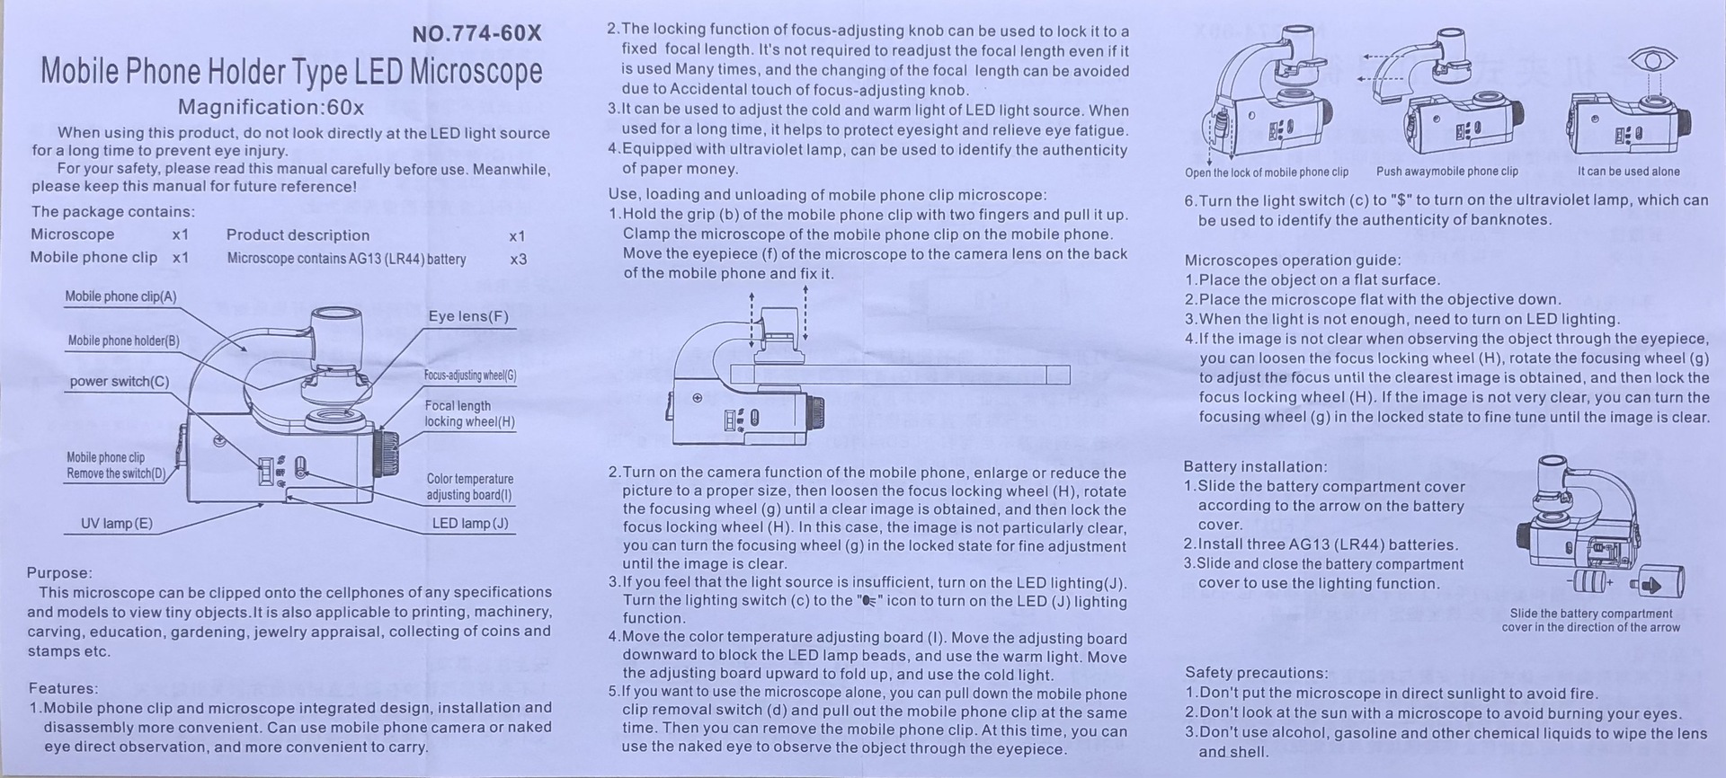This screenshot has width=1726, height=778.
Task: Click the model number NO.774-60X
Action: tap(476, 34)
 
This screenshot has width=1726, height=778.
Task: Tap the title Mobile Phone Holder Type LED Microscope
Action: tap(291, 72)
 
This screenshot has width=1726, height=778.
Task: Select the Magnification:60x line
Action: tap(271, 108)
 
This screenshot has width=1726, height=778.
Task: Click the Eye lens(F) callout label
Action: tap(468, 316)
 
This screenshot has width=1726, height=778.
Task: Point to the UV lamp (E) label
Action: tap(117, 524)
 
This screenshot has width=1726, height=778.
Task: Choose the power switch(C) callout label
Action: tap(120, 381)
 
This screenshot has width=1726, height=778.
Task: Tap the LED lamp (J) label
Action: tap(470, 523)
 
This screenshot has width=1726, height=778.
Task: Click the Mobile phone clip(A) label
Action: tap(120, 296)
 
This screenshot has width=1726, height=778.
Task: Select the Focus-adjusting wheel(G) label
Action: tap(470, 376)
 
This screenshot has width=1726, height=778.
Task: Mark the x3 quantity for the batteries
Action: tap(518, 259)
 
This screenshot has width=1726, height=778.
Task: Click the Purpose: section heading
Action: tap(59, 573)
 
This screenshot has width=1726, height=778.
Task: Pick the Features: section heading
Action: tap(62, 688)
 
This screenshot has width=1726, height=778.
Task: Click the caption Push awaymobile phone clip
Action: tap(1446, 172)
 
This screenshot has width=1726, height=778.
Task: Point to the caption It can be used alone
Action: tap(1628, 172)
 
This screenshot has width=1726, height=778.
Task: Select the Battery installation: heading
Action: tap(1255, 466)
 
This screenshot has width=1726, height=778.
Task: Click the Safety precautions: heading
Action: tap(1256, 673)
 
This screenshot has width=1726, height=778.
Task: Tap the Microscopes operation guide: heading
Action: tap(1292, 261)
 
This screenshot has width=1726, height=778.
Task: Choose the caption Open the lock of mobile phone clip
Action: tap(1266, 172)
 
